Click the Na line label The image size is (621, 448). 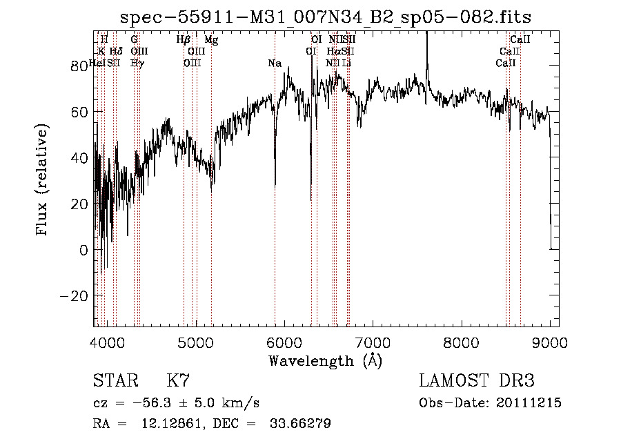275,64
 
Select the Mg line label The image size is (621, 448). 212,40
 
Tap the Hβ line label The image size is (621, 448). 183,40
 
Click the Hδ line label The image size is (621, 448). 116,52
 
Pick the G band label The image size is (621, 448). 134,40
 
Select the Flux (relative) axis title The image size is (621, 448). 43,181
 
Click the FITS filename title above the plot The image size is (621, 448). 326,17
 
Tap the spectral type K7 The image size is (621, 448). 178,381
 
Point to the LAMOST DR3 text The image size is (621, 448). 477,381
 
